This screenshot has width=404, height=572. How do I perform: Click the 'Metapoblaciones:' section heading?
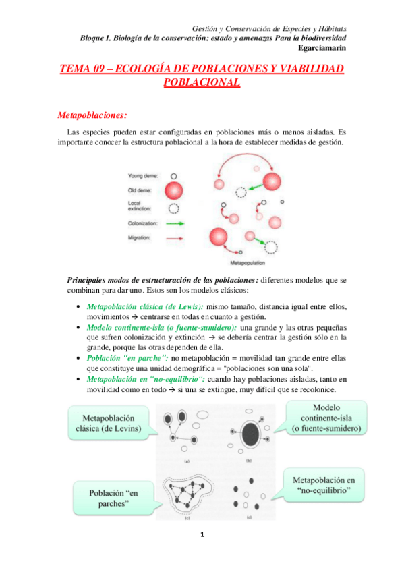tap(92, 114)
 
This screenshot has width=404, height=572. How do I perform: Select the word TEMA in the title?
tap(76, 69)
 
